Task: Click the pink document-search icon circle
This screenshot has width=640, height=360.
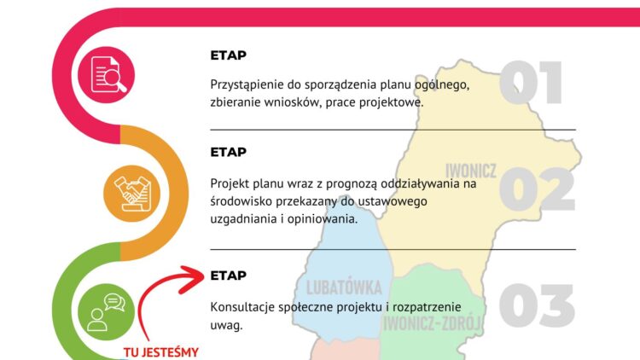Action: click(x=108, y=75)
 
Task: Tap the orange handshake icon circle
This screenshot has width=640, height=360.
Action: click(x=131, y=194)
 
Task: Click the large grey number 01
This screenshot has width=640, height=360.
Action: click(x=531, y=84)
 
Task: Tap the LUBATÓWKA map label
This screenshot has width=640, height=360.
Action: click(x=338, y=287)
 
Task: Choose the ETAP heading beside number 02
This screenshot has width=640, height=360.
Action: click(x=228, y=153)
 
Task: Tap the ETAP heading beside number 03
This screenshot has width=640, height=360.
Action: click(x=228, y=276)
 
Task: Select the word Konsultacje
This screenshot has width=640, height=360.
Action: click(x=247, y=306)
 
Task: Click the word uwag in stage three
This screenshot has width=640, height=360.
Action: click(x=226, y=326)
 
